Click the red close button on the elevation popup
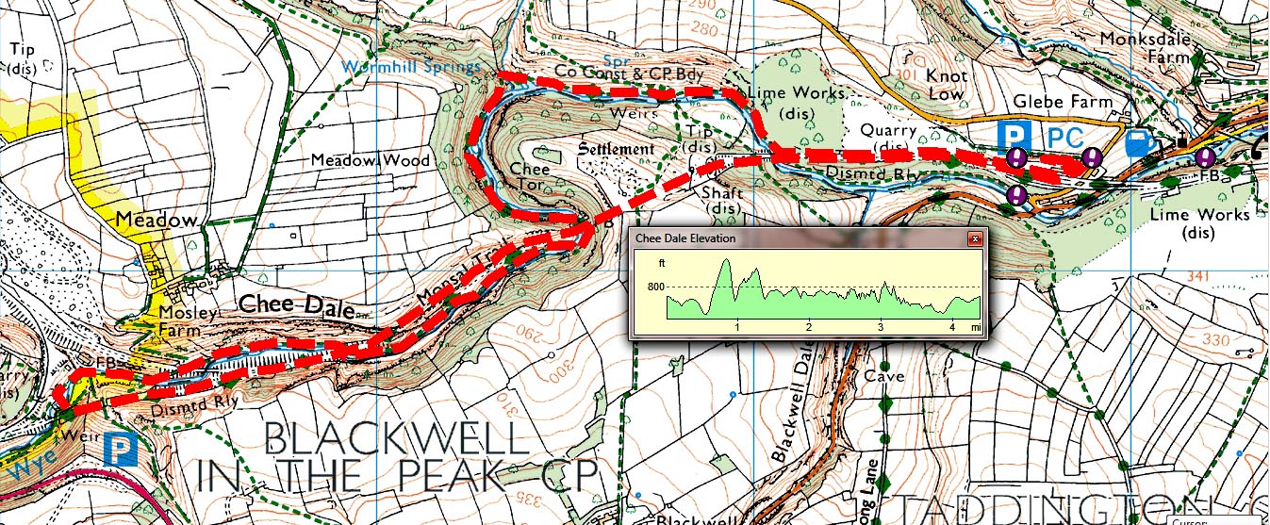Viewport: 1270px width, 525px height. (x=975, y=238)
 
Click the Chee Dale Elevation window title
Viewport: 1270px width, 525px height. (x=685, y=238)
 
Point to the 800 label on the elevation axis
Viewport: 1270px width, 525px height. (x=655, y=287)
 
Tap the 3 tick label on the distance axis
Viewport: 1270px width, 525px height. (x=881, y=327)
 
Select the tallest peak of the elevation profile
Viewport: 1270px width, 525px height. (x=724, y=263)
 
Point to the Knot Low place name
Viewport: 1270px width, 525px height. (x=946, y=85)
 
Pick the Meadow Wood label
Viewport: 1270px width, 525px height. (x=371, y=161)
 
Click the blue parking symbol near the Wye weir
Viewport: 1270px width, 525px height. (x=122, y=449)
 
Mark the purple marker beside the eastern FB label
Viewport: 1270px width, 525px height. (x=1205, y=157)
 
